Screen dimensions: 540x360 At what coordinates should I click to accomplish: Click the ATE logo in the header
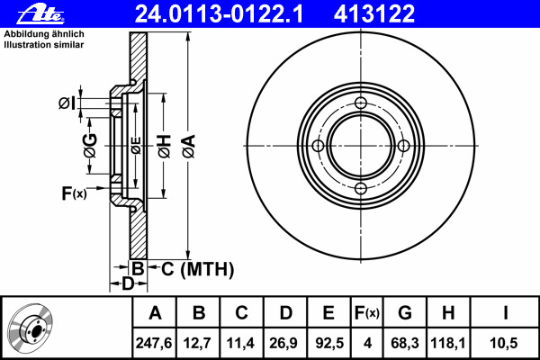click(40, 13)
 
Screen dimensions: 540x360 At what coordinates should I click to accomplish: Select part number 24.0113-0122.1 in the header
click(219, 13)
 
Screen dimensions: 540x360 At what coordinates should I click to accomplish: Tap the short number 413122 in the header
click(374, 13)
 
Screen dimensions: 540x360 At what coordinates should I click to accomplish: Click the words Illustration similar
click(44, 45)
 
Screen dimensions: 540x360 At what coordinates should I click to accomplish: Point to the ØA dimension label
click(189, 147)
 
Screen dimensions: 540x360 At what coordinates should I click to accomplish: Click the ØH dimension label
click(165, 147)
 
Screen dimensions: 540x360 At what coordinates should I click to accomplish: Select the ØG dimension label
click(90, 146)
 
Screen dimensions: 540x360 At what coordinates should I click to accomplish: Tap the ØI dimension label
click(67, 103)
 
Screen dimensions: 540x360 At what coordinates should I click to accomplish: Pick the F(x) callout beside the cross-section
click(74, 193)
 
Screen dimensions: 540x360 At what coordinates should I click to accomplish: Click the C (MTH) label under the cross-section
click(197, 269)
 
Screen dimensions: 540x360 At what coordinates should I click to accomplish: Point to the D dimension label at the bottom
click(128, 283)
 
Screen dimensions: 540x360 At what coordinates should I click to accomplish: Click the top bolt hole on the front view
click(361, 103)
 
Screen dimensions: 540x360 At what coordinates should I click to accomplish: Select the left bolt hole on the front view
click(318, 146)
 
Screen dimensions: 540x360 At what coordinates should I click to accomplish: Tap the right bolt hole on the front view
click(403, 146)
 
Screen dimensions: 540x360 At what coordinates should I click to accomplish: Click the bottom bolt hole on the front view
click(361, 188)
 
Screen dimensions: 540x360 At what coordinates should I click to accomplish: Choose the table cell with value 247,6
click(154, 343)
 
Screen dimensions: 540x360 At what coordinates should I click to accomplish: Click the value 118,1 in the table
click(448, 343)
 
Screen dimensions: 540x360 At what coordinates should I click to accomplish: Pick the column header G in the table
click(405, 313)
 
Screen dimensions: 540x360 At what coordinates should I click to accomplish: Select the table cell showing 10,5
click(504, 343)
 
